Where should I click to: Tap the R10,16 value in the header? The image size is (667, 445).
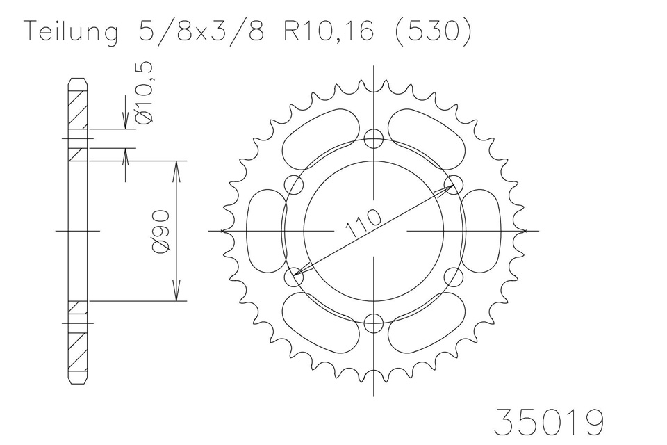(329, 32)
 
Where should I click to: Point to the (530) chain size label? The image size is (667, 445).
(434, 32)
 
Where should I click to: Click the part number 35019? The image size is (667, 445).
(548, 422)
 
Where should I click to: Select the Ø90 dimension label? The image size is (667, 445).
(161, 232)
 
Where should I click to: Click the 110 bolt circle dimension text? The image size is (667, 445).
(363, 223)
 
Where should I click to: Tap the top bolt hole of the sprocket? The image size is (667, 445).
(374, 138)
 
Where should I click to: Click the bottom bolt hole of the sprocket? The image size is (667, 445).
(374, 323)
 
